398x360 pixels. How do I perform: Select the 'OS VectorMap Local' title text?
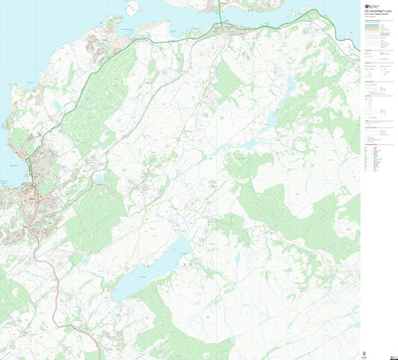click(x=375, y=15)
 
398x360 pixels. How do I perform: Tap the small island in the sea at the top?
click(x=131, y=8)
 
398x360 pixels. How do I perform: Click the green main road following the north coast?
click(x=149, y=41)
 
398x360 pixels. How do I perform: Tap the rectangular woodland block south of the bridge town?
click(x=228, y=80)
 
